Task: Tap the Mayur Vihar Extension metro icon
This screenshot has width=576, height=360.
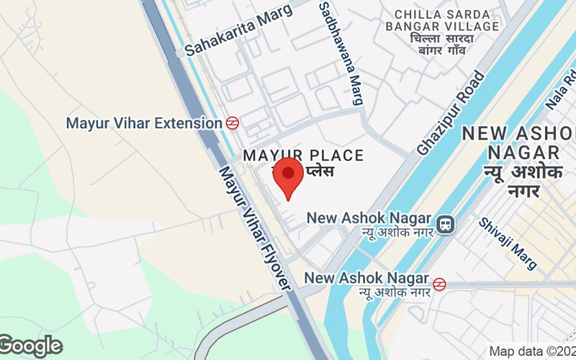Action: [x=233, y=122]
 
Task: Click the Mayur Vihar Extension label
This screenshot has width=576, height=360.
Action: [x=144, y=123]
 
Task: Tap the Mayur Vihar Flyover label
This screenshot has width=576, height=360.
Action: [x=255, y=229]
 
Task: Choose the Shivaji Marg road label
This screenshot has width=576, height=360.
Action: [x=508, y=243]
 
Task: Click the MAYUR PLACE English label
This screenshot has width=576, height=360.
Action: [x=303, y=155]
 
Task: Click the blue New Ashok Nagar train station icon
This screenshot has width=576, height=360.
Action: [x=446, y=225]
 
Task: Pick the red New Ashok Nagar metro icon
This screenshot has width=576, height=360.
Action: [x=439, y=284]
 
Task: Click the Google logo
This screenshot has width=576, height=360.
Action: [x=31, y=346]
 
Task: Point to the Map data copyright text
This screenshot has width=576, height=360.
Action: [x=532, y=351]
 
